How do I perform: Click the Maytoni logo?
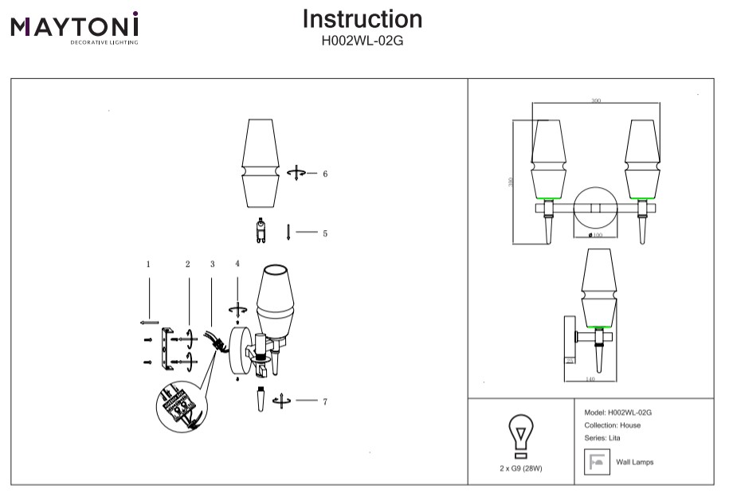point(74,28)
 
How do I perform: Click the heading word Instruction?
point(363,19)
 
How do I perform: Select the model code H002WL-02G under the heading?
point(363,40)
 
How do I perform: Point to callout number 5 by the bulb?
point(325,233)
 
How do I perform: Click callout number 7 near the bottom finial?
point(325,401)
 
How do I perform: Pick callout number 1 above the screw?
point(148,264)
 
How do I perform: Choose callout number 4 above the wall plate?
point(237,264)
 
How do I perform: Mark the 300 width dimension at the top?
point(596,101)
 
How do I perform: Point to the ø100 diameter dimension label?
point(594,235)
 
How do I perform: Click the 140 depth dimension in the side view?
point(590,379)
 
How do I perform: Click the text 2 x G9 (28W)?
point(520,469)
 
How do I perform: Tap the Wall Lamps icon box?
point(596,462)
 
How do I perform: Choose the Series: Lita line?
point(602,438)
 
